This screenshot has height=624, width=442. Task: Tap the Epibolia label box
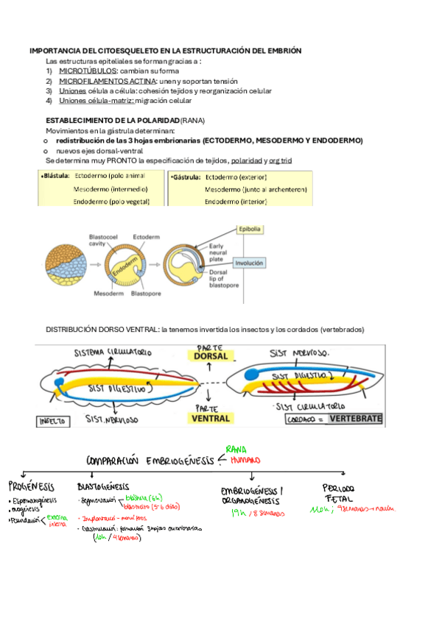tap(250, 230)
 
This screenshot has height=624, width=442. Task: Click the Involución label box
tap(250, 262)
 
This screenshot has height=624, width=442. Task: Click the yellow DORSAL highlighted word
tap(211, 356)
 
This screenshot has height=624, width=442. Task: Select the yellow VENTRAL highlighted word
tap(211, 418)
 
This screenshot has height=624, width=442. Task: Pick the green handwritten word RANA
tap(236, 448)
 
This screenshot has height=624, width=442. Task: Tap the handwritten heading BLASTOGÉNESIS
tap(103, 486)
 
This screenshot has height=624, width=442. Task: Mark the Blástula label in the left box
tap(56, 177)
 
